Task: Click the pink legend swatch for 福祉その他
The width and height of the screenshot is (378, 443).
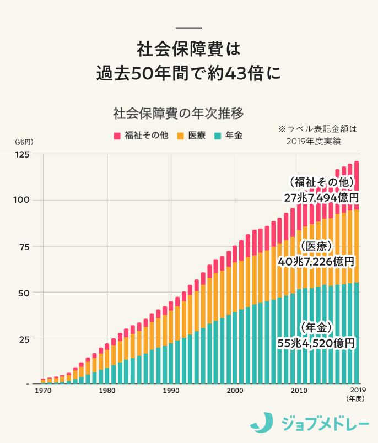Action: click(117, 136)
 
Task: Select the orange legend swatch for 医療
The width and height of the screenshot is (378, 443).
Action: click(181, 136)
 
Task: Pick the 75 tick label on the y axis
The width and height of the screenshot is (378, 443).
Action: click(25, 246)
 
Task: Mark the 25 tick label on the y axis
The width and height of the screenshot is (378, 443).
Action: click(25, 338)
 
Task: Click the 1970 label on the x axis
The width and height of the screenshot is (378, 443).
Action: click(44, 391)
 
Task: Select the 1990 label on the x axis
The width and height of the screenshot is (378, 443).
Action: click(171, 391)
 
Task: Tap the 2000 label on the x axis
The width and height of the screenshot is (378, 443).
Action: click(235, 391)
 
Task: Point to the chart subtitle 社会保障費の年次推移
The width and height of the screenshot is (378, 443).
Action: click(178, 114)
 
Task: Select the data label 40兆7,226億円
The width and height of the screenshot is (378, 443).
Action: click(316, 261)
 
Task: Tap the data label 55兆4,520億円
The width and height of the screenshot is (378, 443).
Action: click(316, 343)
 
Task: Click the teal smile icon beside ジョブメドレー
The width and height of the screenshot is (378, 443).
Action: click(262, 423)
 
